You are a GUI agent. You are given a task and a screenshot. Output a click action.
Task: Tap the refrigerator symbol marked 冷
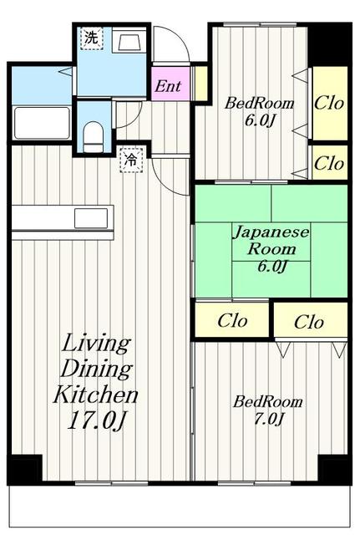pos(129,158)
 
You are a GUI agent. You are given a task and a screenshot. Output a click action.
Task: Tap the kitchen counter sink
pos(88,218)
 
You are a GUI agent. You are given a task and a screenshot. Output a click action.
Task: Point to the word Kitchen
pos(96,394)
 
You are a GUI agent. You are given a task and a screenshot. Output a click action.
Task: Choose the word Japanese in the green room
pos(271,232)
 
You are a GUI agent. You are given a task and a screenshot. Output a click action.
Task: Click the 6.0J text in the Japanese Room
pos(271,267)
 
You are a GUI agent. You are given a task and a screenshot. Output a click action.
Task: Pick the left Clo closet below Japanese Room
pos(231,320)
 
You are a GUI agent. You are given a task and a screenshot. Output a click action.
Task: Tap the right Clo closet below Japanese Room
pos(309,320)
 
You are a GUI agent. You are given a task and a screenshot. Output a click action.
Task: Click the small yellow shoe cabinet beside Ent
pos(200,83)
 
